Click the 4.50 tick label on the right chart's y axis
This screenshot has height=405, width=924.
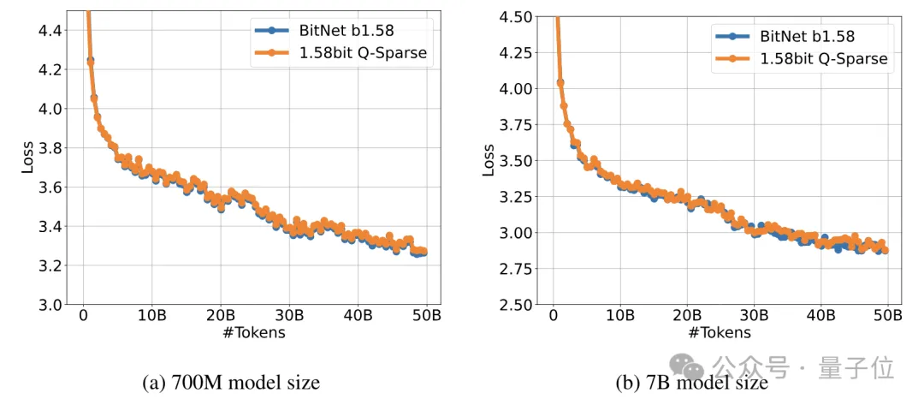[x=519, y=16]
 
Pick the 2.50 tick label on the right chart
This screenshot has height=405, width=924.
[x=519, y=305]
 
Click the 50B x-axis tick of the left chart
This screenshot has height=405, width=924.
[x=427, y=316]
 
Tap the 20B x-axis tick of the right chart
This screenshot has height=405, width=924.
[x=687, y=316]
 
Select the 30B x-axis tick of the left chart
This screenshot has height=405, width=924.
[x=290, y=316]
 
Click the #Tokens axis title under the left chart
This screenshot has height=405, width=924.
[x=254, y=333]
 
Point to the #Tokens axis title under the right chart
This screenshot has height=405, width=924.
[x=720, y=333]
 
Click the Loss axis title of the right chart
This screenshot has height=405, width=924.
[x=489, y=160]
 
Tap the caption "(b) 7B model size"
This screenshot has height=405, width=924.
[x=692, y=383]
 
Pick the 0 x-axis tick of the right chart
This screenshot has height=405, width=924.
[x=553, y=316]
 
